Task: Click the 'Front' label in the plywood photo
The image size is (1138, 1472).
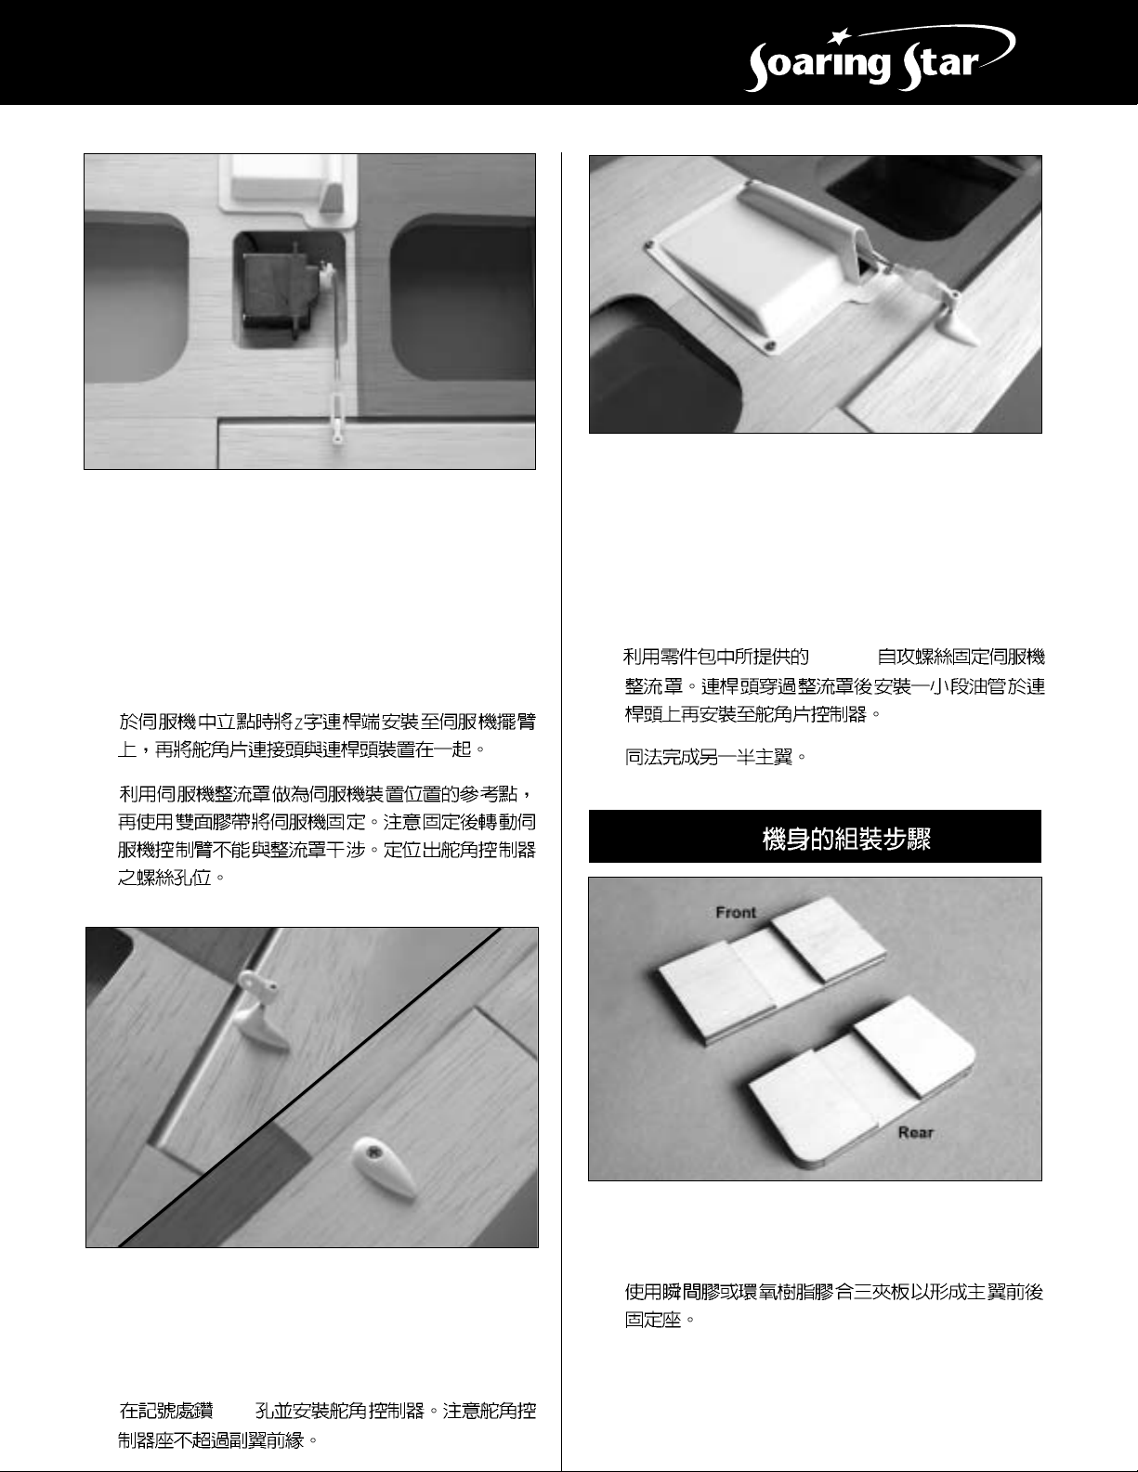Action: [x=736, y=913]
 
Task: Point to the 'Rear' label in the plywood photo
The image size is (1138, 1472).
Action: [x=916, y=1132]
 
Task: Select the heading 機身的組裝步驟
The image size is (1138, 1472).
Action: [x=846, y=839]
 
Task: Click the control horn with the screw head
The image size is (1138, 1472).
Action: [x=384, y=1166]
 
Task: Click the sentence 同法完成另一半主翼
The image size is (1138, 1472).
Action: [x=716, y=757]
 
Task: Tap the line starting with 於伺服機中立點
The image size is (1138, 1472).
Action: [x=326, y=723]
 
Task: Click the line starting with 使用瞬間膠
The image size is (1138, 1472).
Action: [x=833, y=1292]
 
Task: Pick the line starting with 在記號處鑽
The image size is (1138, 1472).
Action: [x=327, y=1411]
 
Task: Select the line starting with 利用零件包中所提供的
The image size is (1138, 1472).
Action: [x=834, y=657]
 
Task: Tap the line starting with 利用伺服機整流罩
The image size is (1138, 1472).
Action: [x=326, y=793]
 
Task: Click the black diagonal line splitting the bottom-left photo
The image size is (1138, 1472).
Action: [x=309, y=1087]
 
